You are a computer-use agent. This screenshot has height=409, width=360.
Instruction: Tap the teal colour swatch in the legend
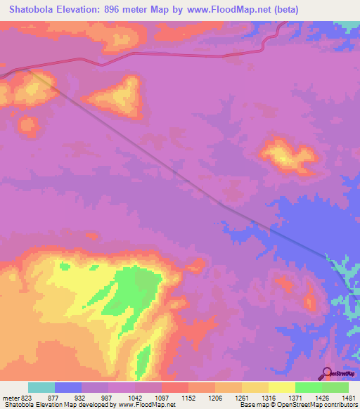pos(41,387)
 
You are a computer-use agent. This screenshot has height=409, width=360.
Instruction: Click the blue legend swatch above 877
pos(68,387)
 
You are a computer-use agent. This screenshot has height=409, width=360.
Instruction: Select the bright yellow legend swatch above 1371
pos(281,387)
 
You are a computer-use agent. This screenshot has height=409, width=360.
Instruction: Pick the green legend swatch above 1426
pos(308,387)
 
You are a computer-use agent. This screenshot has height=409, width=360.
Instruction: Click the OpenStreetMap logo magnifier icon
pos(326,373)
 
